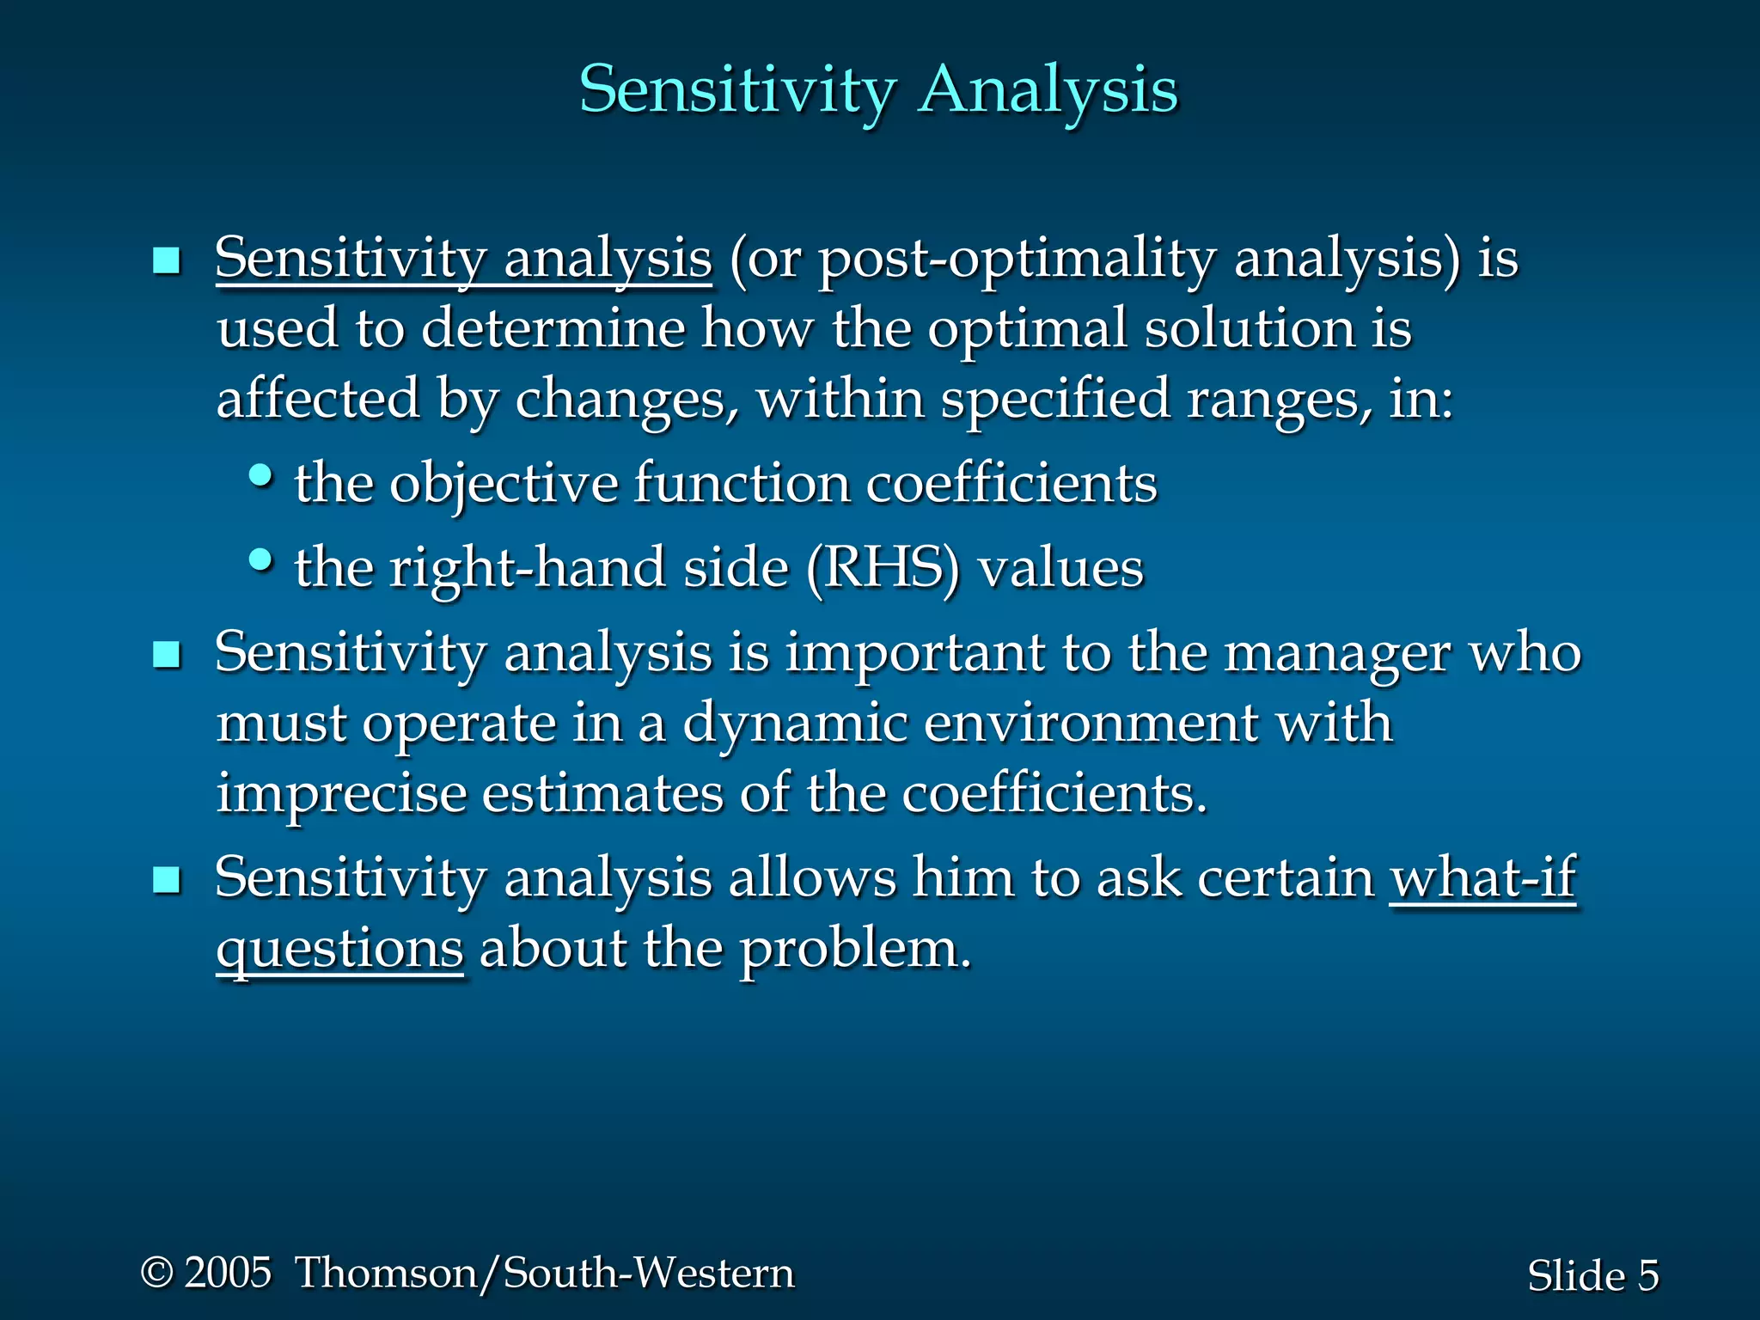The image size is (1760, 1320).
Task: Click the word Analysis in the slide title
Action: pyautogui.click(x=1048, y=90)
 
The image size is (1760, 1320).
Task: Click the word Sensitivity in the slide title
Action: pyautogui.click(x=737, y=90)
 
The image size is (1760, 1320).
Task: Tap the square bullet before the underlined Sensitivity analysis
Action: pyautogui.click(x=166, y=260)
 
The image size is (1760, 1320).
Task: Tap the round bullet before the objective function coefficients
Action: pyautogui.click(x=261, y=475)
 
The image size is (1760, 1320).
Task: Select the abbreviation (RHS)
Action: pyautogui.click(x=883, y=569)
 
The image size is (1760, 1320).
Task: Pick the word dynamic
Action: pyautogui.click(x=795, y=724)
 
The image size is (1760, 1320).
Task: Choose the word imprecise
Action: pyautogui.click(x=341, y=793)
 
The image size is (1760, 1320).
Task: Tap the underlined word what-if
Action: pyautogui.click(x=1483, y=879)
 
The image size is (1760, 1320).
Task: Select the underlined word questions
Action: pyautogui.click(x=340, y=950)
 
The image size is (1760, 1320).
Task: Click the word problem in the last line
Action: pyautogui.click(x=854, y=950)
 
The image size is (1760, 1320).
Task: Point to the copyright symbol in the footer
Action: pyautogui.click(x=157, y=1273)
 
